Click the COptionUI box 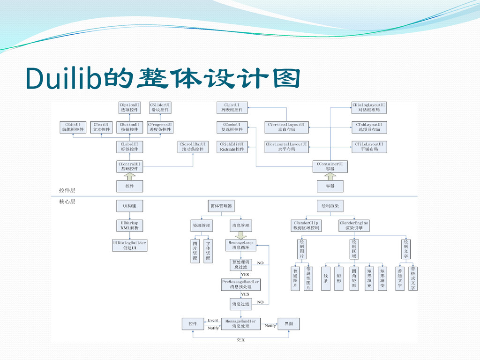129,107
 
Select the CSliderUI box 160,107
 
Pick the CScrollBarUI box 193,146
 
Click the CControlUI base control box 129,166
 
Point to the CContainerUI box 330,166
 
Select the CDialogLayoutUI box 369,107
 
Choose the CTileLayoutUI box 369,146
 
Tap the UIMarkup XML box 129,225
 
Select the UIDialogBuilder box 129,245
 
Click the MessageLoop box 241,245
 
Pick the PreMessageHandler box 241,284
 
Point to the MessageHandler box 241,323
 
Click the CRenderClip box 306,225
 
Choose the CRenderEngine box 354,225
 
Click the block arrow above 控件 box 129,177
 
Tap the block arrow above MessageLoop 241,235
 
